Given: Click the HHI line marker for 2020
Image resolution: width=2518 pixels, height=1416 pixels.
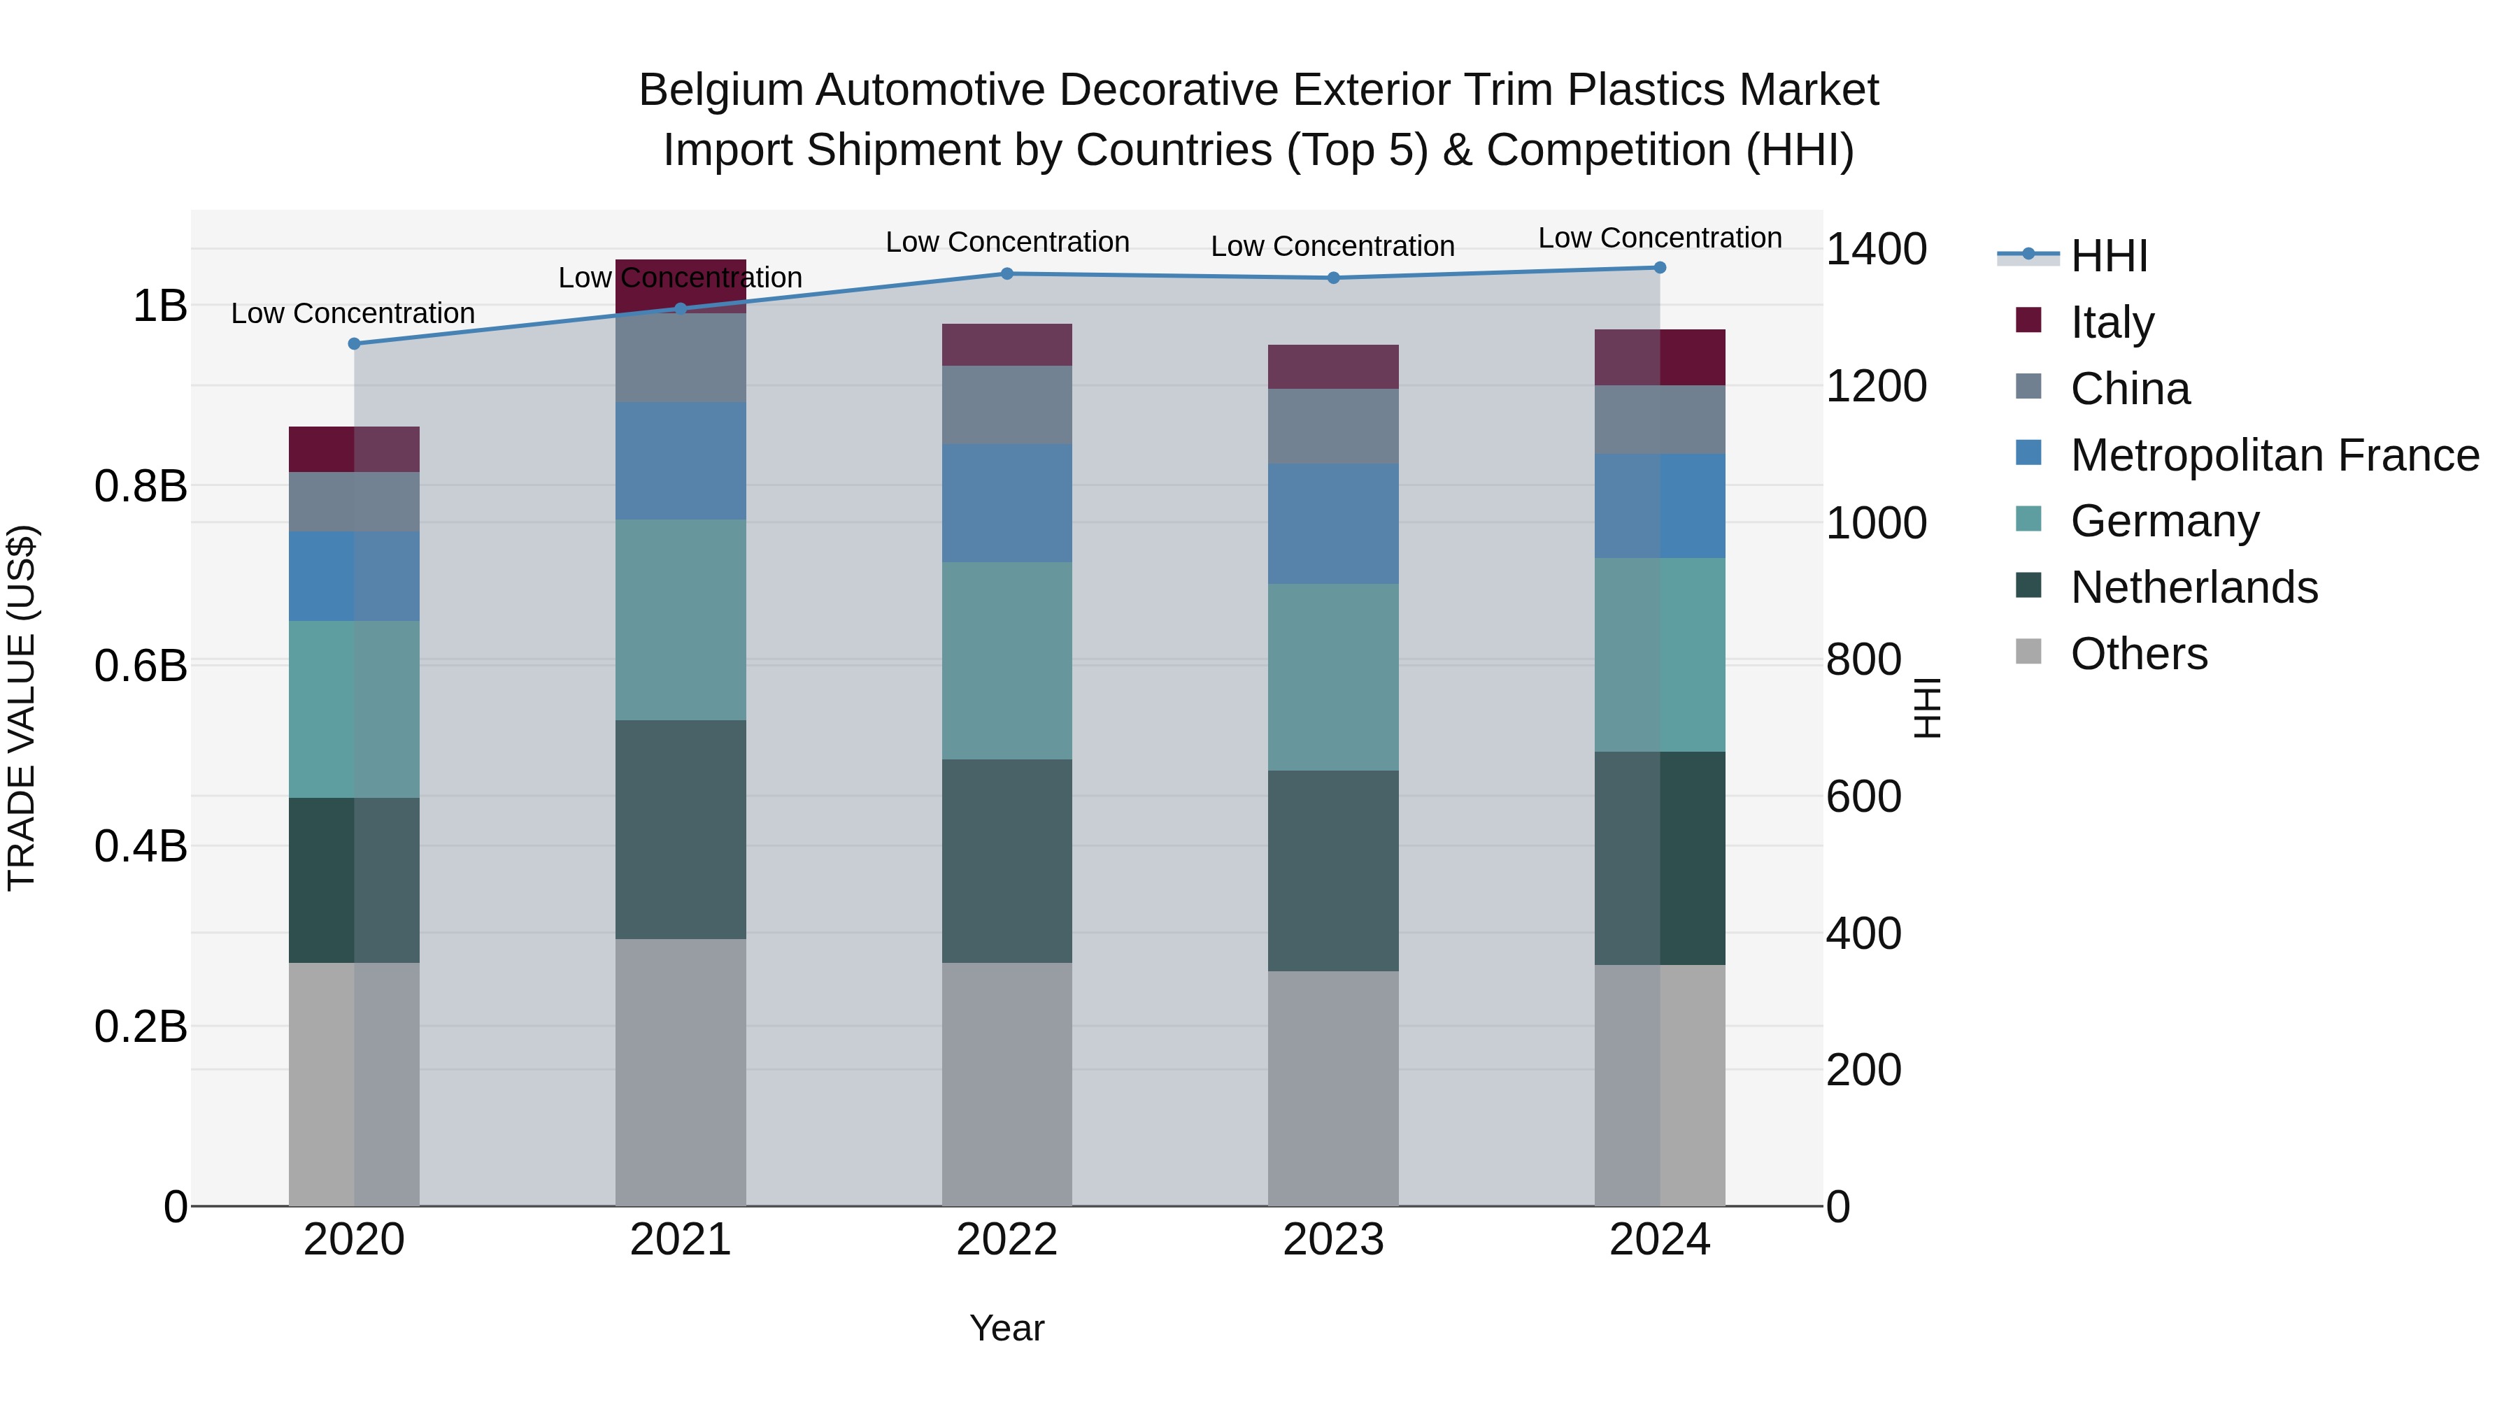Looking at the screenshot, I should click(354, 344).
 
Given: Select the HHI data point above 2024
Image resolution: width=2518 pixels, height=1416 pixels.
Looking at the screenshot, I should click(1660, 268).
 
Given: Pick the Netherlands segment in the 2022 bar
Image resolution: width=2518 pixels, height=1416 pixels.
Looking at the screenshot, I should click(1007, 861).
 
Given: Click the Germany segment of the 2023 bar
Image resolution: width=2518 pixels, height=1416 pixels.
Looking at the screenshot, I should click(1333, 677).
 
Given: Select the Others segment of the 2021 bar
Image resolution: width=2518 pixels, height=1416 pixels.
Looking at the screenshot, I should click(681, 1072).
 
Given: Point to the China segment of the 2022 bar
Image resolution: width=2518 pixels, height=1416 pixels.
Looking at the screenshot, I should click(1007, 405).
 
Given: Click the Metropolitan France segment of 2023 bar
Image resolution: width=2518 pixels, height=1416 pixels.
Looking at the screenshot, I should click(1333, 524).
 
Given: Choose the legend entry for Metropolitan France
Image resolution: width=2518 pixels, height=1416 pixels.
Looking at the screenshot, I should click(2275, 455).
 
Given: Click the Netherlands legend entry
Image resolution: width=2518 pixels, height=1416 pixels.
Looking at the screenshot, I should click(2193, 587).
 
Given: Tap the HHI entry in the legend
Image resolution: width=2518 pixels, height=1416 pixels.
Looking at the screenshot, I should click(2108, 256).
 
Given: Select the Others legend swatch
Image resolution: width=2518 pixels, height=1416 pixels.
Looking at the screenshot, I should click(2028, 652).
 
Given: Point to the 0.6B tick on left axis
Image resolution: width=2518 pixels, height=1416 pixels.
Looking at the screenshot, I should click(141, 666).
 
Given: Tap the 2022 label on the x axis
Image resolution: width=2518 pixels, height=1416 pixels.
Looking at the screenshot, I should click(1007, 1240).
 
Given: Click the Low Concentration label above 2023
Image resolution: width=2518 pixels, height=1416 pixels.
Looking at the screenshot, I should click(1332, 246).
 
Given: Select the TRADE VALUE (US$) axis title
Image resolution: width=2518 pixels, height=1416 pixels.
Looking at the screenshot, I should click(22, 708).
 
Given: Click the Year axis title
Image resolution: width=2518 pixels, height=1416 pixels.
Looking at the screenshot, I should click(1007, 1328).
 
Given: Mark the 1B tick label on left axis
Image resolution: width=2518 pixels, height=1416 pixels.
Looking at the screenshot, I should click(159, 306).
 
